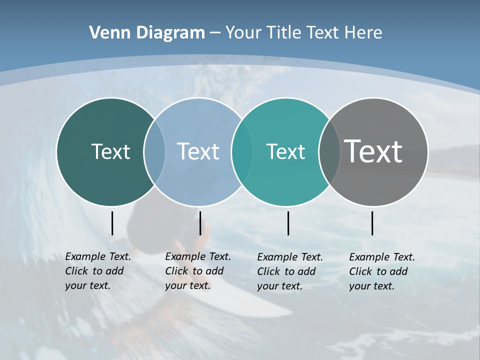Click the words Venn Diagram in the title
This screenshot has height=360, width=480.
point(147,33)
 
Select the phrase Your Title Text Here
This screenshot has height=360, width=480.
point(303,33)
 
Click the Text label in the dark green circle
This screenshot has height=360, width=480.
point(110,151)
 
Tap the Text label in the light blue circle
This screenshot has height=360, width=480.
point(198,151)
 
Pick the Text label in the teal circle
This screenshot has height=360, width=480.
point(285,151)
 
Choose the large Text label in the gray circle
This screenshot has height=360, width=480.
point(373,151)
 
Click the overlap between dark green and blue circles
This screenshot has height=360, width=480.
point(154,151)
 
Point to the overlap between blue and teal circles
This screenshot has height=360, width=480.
point(242,151)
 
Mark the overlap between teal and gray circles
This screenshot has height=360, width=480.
point(329,151)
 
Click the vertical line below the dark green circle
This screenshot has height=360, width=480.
point(112,223)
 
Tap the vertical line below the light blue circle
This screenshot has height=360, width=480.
point(200,223)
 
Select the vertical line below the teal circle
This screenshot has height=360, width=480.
point(288,223)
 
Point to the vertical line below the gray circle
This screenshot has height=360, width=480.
point(372,223)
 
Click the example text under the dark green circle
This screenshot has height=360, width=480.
point(97,271)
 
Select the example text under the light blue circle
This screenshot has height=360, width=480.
point(197,271)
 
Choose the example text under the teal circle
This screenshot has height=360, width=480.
point(289,271)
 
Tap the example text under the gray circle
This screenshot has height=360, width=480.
point(381,271)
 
